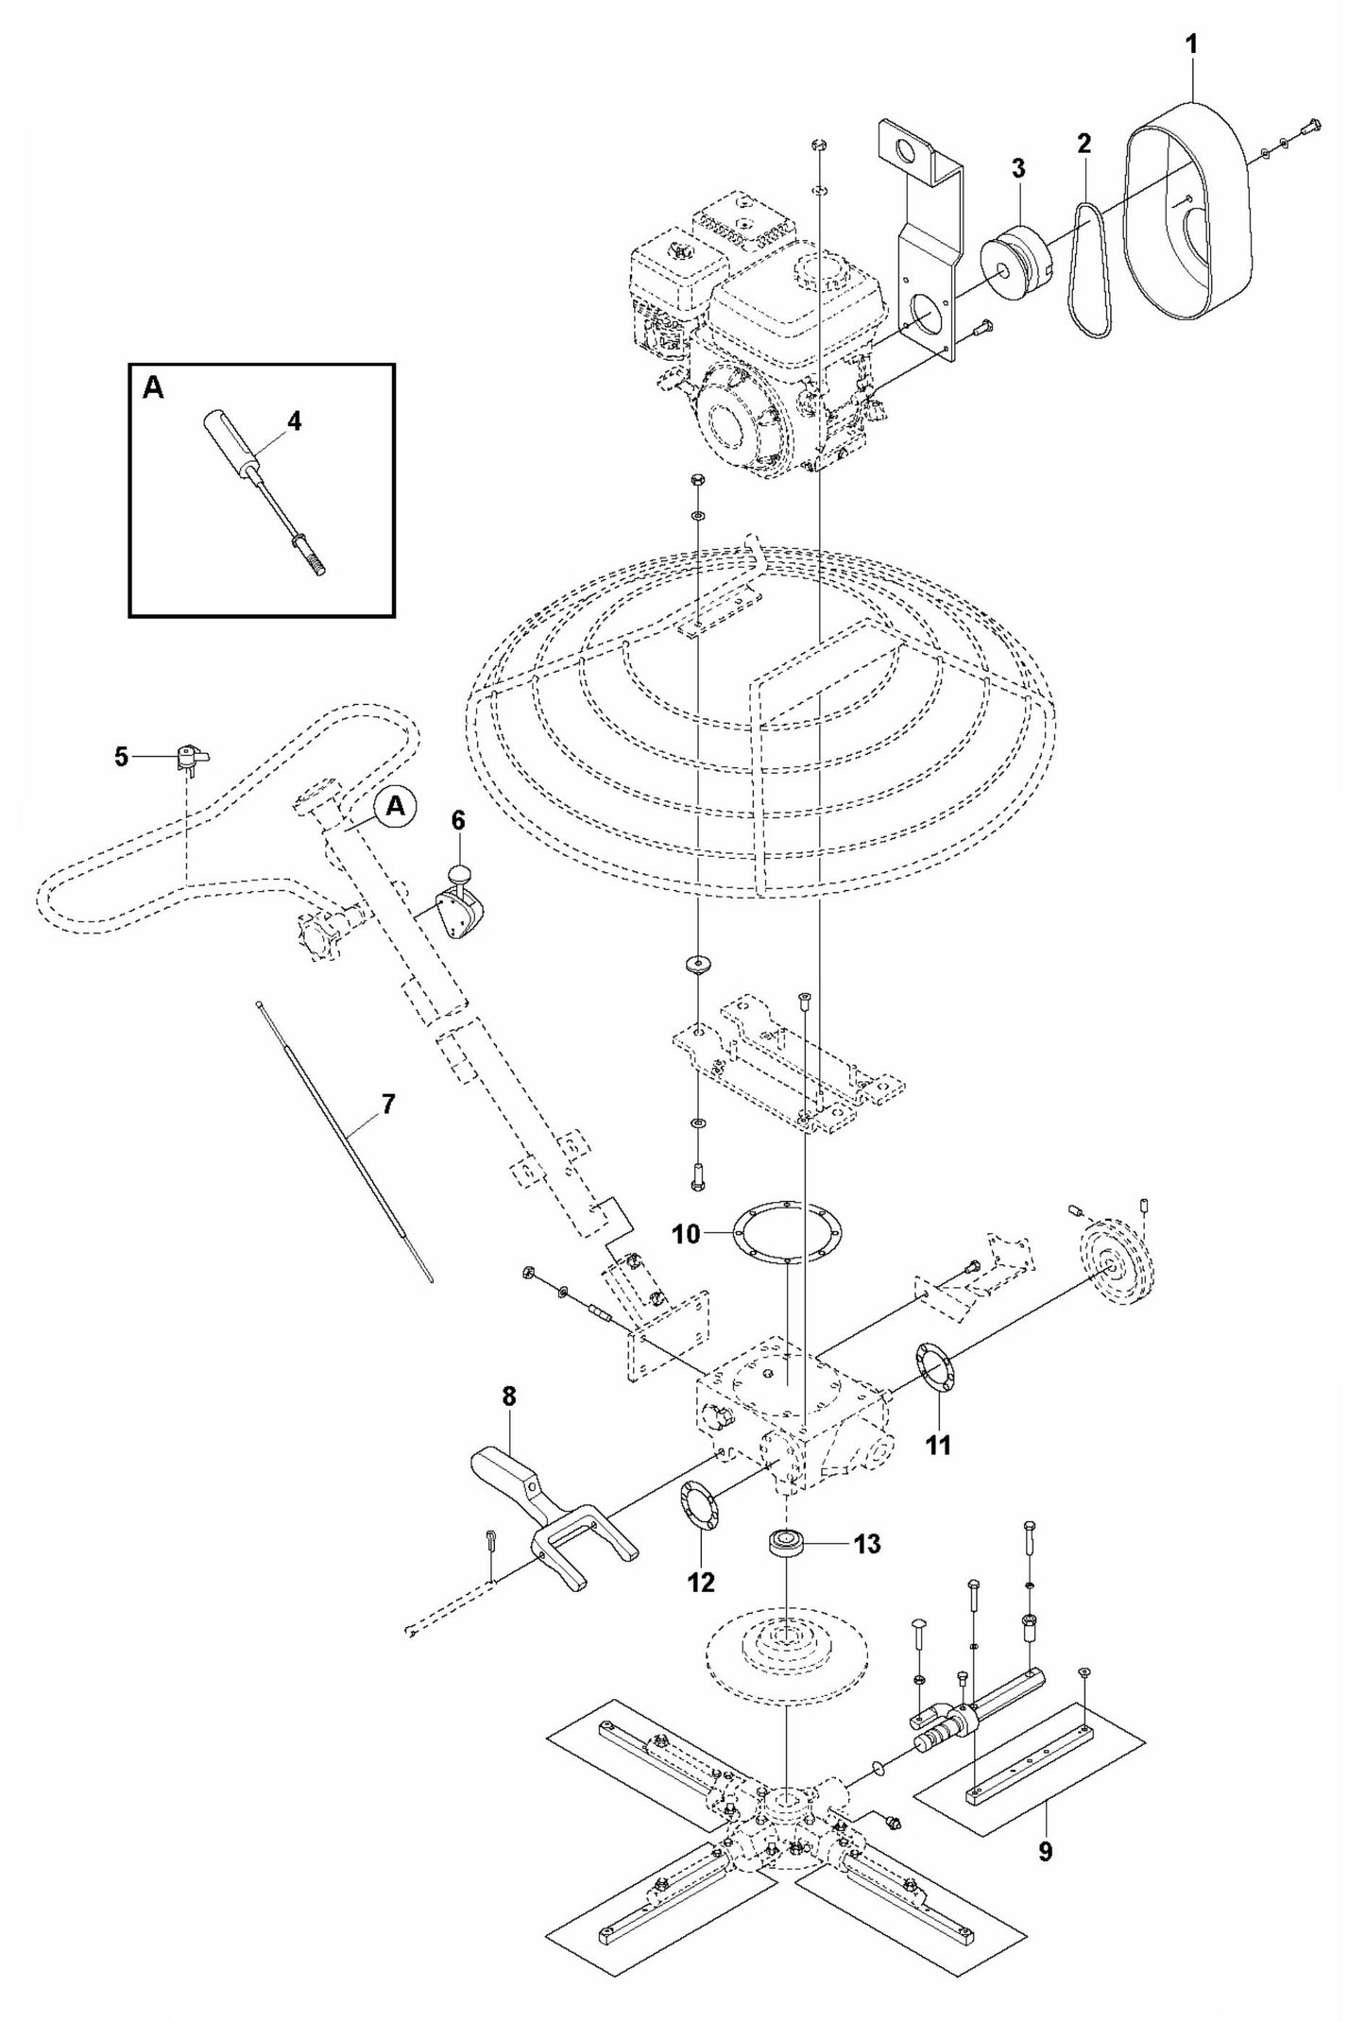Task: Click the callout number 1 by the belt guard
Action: pyautogui.click(x=1191, y=44)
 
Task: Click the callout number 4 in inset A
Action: pyautogui.click(x=294, y=421)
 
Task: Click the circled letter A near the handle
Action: pyautogui.click(x=396, y=805)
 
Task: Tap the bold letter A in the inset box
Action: pyautogui.click(x=152, y=387)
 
